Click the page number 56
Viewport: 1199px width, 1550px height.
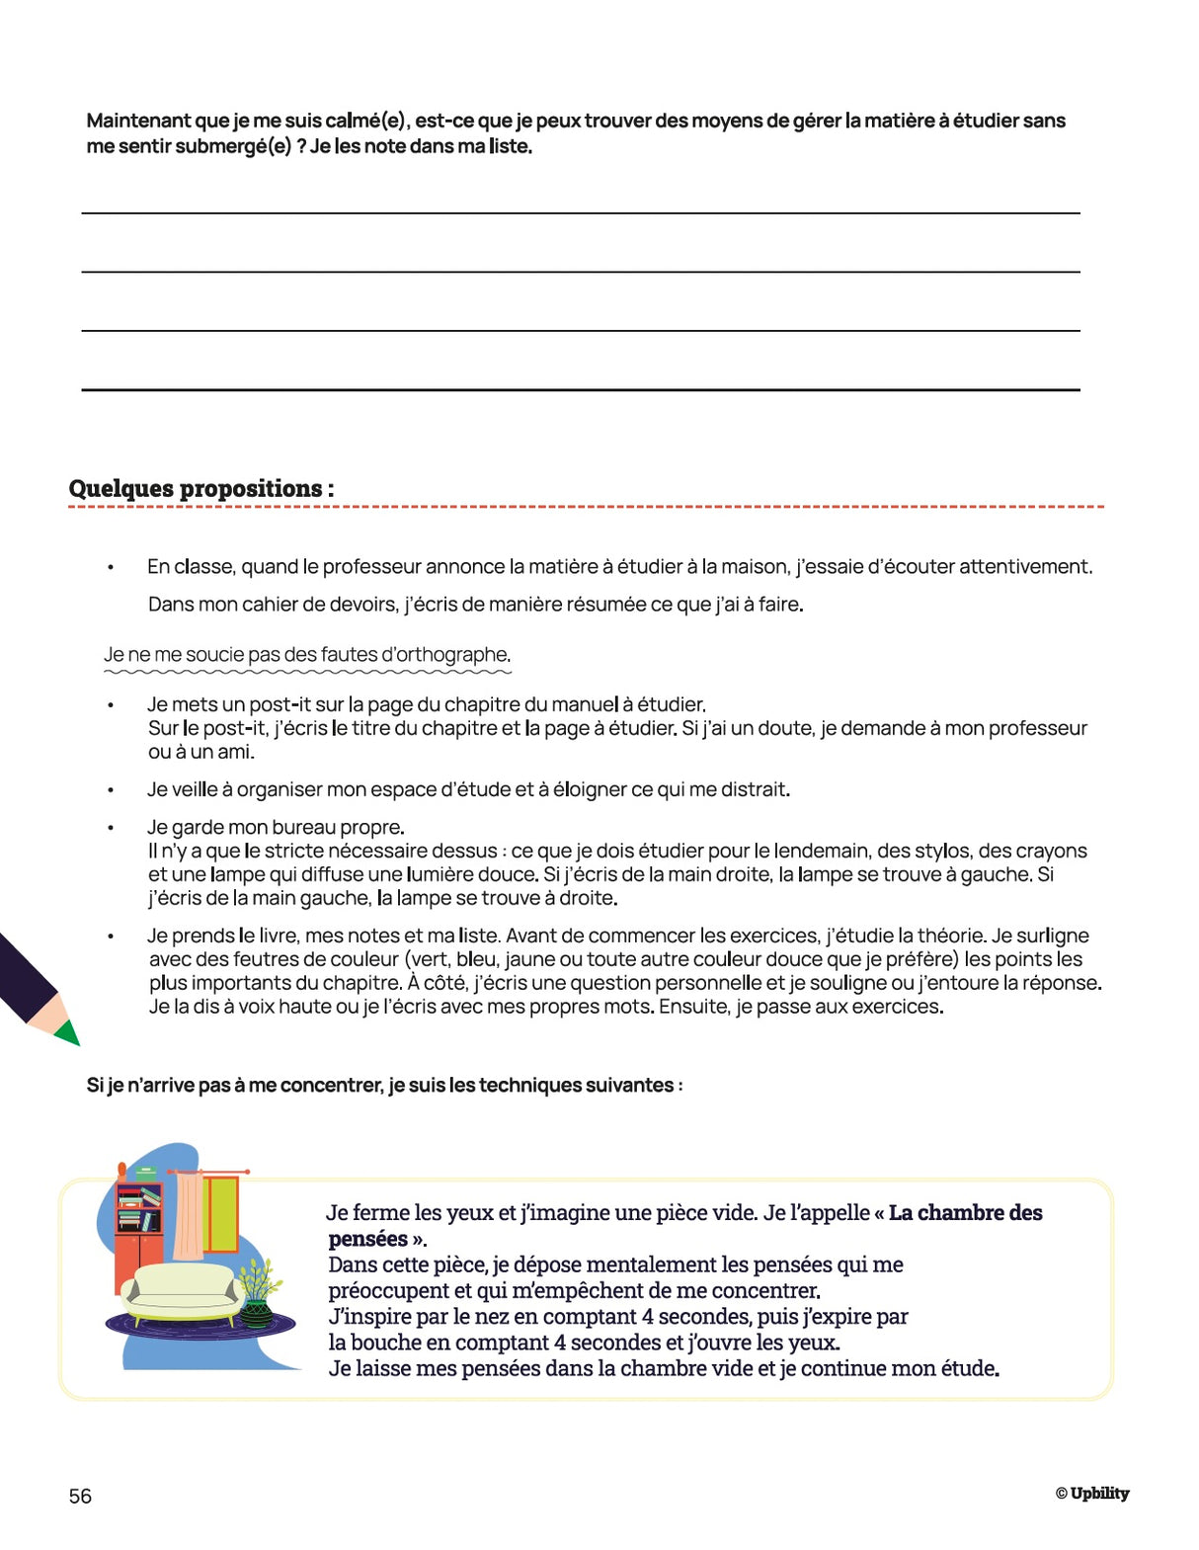coord(80,1496)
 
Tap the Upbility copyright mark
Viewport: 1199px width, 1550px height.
coord(1091,1493)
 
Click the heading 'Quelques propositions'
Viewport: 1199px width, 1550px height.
coord(201,488)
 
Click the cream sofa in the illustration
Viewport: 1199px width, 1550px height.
coord(184,1291)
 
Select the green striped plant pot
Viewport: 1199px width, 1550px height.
coord(257,1312)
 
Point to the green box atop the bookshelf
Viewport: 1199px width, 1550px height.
coord(147,1174)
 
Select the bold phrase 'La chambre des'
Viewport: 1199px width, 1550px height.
coord(965,1212)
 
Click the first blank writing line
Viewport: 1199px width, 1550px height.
coord(580,211)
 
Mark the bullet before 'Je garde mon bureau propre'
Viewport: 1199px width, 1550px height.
coord(111,828)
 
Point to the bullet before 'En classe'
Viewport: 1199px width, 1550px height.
coord(111,567)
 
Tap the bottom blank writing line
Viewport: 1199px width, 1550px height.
coord(580,389)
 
